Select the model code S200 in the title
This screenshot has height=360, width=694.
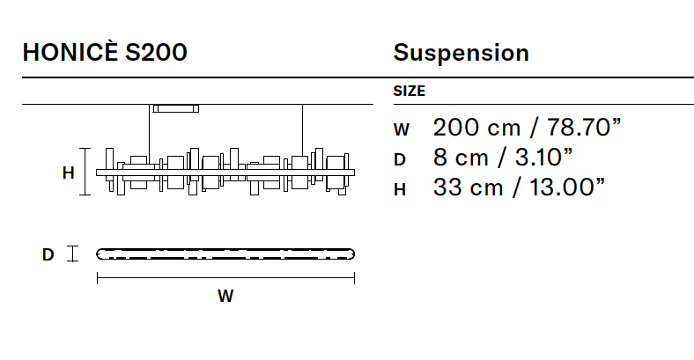point(156,52)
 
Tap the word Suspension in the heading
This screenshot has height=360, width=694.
point(461,54)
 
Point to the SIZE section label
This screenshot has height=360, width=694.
point(409,91)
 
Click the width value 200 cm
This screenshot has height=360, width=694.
point(476,128)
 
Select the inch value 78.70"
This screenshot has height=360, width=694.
point(584,128)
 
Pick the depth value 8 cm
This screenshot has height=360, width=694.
point(461,157)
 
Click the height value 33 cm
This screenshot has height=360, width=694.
point(469,187)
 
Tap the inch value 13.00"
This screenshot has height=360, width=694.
point(567,187)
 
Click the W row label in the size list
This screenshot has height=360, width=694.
point(402,129)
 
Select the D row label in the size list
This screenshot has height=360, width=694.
point(400,159)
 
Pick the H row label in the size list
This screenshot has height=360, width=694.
point(400,190)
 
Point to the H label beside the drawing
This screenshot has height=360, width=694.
point(68,173)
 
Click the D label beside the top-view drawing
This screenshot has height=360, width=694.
point(48,254)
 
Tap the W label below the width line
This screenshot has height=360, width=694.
point(225,296)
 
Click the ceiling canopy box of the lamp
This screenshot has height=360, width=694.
point(176,108)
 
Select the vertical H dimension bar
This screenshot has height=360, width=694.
point(85,172)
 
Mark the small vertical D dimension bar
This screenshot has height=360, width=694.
point(72,253)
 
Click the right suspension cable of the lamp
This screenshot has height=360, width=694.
point(303,130)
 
